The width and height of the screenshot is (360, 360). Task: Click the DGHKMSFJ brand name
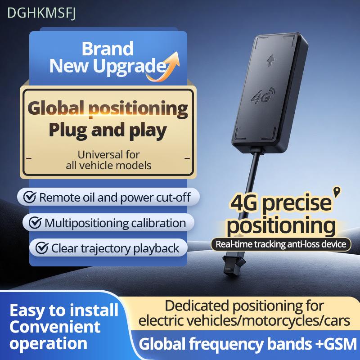click(x=41, y=13)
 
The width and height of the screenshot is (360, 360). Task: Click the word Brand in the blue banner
click(x=108, y=49)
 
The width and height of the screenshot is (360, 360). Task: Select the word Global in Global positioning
click(x=56, y=108)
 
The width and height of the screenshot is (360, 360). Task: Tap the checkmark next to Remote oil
click(x=30, y=197)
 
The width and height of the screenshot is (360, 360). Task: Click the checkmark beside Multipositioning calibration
click(x=35, y=222)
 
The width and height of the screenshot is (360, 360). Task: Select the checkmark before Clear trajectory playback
click(x=42, y=248)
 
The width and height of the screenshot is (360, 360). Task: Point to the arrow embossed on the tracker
click(x=271, y=60)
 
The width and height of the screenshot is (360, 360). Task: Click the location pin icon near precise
click(x=337, y=192)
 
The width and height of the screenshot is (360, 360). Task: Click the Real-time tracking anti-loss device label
click(x=281, y=244)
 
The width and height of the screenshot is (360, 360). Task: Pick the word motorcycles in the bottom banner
click(x=286, y=320)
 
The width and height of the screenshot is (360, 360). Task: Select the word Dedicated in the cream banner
click(x=197, y=306)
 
